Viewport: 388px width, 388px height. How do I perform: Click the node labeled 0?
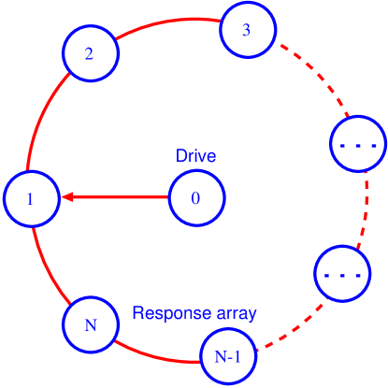[x=195, y=198]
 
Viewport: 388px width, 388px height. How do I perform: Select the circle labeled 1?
[x=31, y=199]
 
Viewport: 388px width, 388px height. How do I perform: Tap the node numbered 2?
[x=89, y=53]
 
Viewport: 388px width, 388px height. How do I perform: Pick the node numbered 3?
[x=247, y=30]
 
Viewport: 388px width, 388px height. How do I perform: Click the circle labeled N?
[x=91, y=325]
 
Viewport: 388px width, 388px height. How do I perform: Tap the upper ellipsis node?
[x=358, y=145]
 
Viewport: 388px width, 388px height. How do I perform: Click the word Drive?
[x=196, y=156]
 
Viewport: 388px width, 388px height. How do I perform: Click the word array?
[x=231, y=313]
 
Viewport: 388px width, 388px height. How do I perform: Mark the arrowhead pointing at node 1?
[x=67, y=197]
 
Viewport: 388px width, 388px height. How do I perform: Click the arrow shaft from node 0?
[x=122, y=197]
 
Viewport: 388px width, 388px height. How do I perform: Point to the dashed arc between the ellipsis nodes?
[x=366, y=210]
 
